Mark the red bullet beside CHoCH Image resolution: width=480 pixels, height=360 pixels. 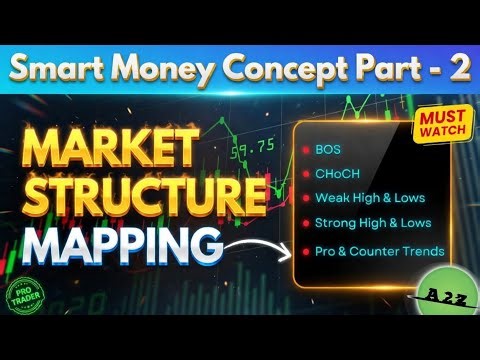304,174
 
